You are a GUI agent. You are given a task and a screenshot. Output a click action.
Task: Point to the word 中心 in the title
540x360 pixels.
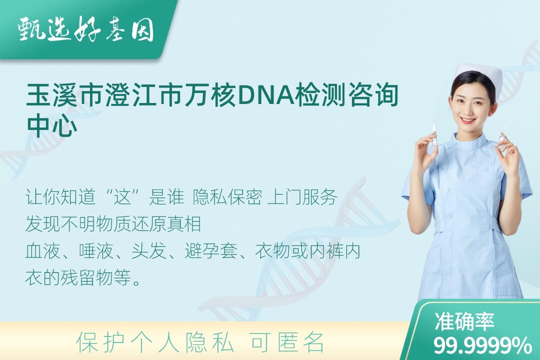coord(51,124)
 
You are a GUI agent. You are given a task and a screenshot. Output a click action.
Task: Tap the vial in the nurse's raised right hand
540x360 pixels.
coord(434,135)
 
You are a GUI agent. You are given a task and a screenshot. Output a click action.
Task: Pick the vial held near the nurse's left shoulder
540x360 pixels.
coord(502,134)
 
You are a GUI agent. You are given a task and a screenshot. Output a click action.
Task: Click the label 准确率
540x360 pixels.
coord(464,321)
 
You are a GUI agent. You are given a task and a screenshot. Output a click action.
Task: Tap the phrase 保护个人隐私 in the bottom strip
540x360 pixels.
coord(155,342)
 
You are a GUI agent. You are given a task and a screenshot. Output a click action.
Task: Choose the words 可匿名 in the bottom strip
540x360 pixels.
coord(287,342)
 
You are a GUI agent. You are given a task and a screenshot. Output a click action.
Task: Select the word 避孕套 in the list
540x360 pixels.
coord(211,251)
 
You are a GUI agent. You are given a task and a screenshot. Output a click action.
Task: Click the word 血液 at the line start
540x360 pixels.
coord(42,251)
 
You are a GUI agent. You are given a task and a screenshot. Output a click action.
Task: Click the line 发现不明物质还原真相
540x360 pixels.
coord(113,224)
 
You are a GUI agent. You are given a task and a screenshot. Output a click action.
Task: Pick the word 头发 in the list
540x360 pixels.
coord(149,251)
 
